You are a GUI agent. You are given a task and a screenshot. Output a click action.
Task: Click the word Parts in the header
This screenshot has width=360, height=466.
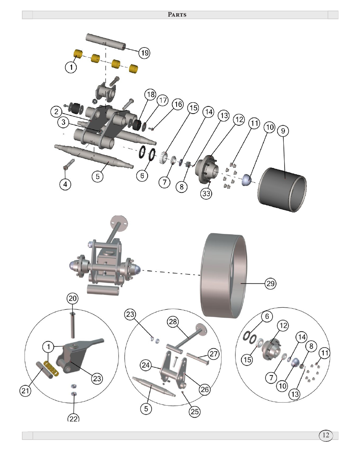(x=177, y=15)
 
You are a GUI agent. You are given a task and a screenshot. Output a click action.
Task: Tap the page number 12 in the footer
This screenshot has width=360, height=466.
(x=326, y=435)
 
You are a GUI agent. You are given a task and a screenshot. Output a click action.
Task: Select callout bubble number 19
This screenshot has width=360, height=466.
(x=145, y=53)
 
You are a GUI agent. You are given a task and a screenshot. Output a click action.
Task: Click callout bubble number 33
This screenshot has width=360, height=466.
(x=206, y=194)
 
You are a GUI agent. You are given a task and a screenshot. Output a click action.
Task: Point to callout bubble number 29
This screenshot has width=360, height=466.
(x=271, y=283)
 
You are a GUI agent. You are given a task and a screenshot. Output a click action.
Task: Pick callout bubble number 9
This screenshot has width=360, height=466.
(x=283, y=131)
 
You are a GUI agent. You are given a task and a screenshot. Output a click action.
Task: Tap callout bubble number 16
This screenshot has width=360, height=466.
(x=178, y=104)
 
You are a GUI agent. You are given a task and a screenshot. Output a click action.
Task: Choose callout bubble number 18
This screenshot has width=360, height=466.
(x=151, y=94)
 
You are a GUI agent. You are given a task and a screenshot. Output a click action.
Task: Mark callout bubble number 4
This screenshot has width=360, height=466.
(x=65, y=184)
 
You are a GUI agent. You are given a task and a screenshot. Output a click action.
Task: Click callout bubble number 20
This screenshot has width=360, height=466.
(x=72, y=298)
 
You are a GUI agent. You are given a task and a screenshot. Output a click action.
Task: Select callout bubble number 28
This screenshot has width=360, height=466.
(x=173, y=321)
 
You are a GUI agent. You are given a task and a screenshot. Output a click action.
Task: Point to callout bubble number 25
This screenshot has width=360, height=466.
(x=195, y=411)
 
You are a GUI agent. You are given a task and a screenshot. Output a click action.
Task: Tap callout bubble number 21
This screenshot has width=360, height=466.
(x=25, y=391)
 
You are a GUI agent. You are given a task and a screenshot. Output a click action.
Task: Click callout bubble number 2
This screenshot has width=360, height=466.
(x=56, y=111)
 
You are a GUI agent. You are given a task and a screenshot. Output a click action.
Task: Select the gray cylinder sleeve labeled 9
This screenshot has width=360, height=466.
(x=282, y=189)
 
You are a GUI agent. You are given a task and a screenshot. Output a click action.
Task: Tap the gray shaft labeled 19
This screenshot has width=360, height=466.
(x=106, y=41)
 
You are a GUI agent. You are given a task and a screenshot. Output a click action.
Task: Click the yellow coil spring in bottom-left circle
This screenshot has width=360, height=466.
(x=51, y=369)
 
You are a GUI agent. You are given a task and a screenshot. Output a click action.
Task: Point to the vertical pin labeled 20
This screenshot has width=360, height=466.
(x=73, y=325)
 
